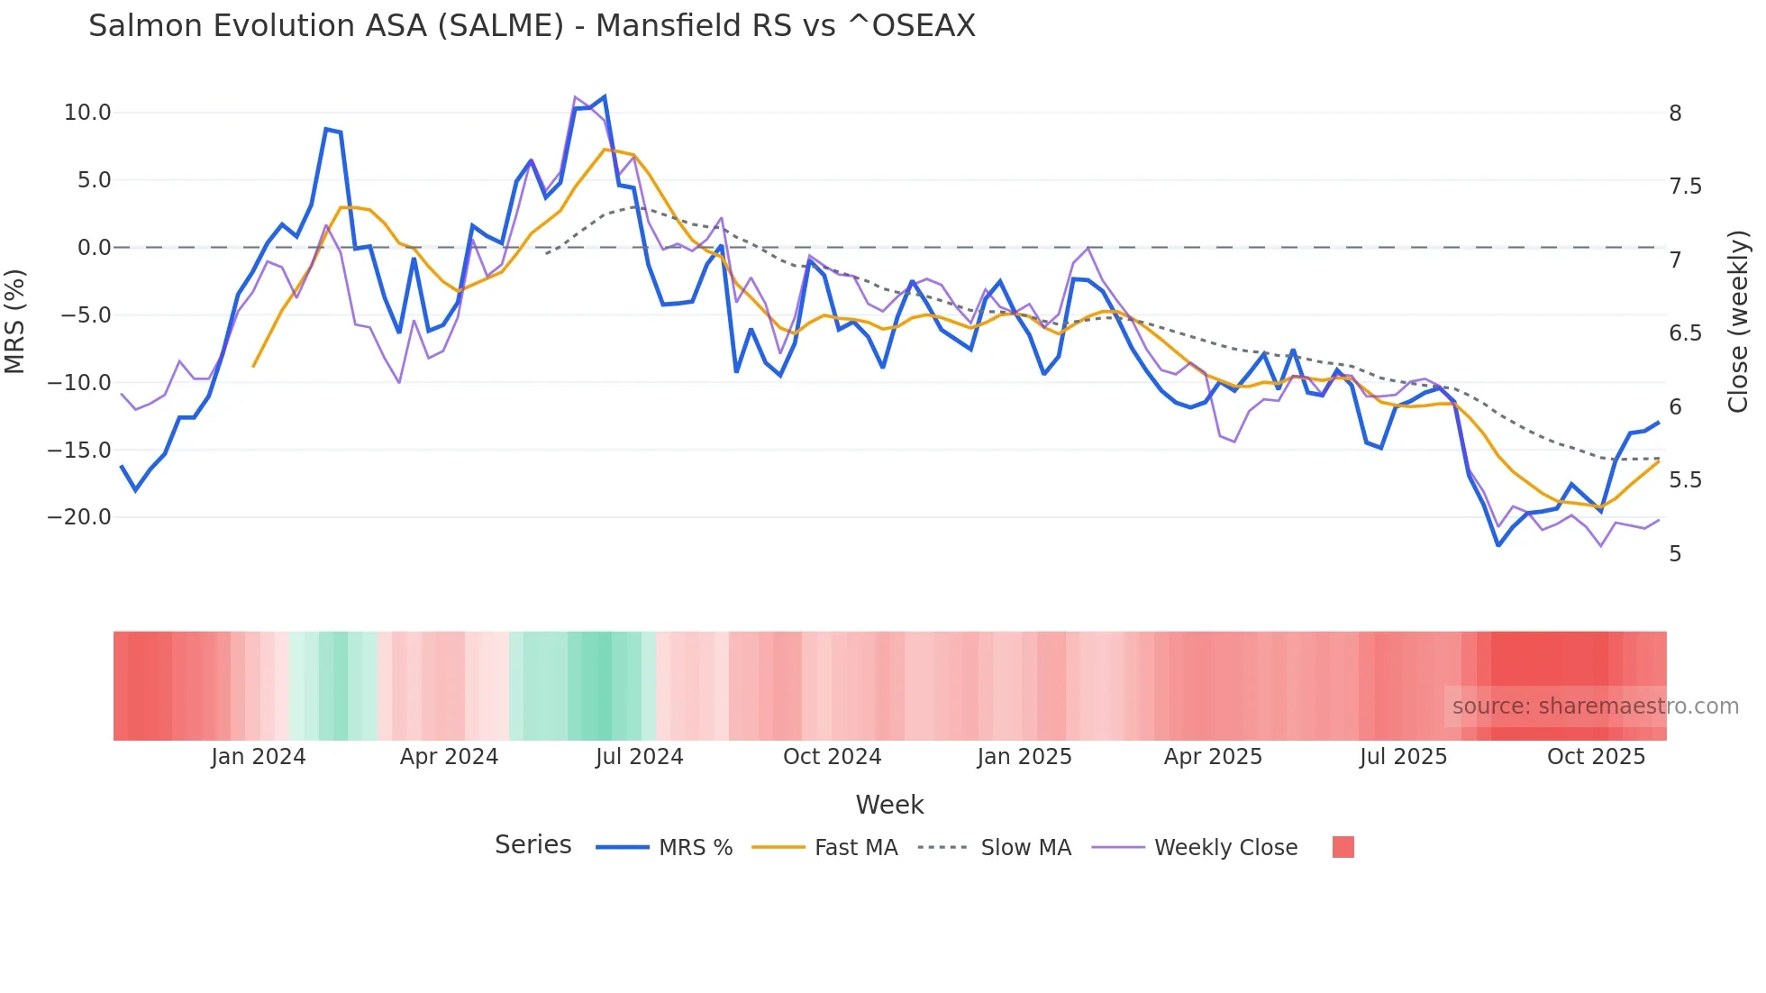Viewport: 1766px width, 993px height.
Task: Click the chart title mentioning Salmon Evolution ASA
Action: pos(532,26)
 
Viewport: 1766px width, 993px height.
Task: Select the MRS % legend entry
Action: pos(664,848)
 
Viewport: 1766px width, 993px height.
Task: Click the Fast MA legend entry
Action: pos(824,848)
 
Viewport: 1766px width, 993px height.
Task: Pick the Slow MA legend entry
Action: pos(995,848)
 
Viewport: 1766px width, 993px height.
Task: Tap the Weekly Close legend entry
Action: pos(1195,848)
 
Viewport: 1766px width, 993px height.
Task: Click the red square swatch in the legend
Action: pos(1343,847)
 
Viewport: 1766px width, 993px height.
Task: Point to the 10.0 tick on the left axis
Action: pos(87,113)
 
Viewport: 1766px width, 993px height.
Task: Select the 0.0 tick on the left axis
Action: pos(94,248)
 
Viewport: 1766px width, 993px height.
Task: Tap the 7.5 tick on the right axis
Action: pos(1685,187)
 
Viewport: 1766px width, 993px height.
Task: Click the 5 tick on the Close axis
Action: pos(1675,554)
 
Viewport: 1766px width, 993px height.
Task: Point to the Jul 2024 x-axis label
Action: pos(640,757)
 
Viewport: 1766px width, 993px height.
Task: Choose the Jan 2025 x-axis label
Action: pos(1024,757)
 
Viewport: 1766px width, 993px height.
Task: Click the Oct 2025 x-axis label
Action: pos(1596,757)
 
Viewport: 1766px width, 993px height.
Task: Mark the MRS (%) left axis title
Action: pos(15,322)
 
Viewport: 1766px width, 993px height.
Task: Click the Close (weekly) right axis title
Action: pos(1739,322)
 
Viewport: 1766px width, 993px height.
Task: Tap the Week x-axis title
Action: pos(889,805)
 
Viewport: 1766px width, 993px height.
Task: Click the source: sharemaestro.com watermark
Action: pos(1595,706)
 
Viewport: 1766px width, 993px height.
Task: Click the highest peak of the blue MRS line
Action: pos(604,96)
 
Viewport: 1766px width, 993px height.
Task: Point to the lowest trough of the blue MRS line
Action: pos(1498,545)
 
